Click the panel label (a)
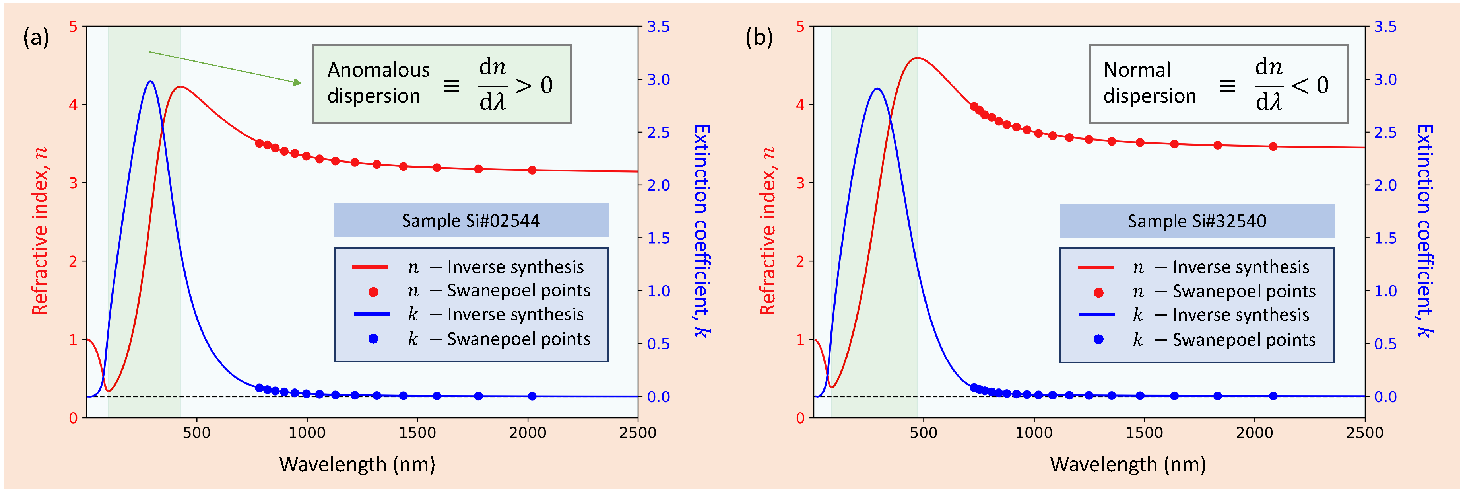tap(36, 38)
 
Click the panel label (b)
tap(759, 38)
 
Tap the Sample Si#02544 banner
tap(470, 220)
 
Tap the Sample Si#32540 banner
tap(1197, 221)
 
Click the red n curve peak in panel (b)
tap(917, 58)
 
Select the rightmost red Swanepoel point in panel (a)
tap(532, 170)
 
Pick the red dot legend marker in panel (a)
tap(373, 292)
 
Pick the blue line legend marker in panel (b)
tap(1096, 314)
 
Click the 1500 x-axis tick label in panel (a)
tap(417, 433)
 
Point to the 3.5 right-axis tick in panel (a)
tap(658, 27)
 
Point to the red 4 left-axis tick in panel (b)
tap(800, 105)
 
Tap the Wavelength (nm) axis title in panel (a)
tap(357, 464)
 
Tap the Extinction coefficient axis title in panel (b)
tap(1424, 230)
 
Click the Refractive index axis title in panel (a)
tap(40, 230)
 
